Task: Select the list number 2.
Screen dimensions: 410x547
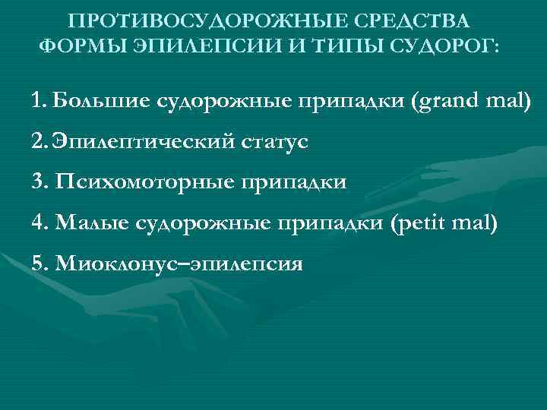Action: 40,142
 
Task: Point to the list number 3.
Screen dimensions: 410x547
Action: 40,183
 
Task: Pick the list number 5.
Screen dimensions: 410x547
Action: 40,265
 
